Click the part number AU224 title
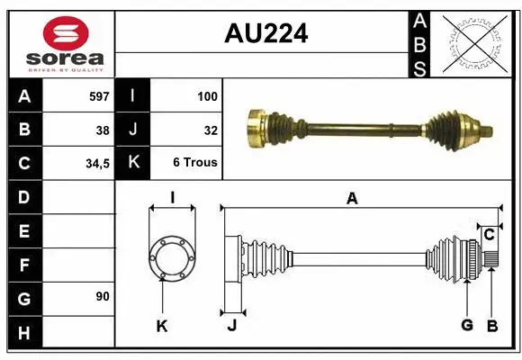point(265,34)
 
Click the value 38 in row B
point(103,130)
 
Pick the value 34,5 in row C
point(96,164)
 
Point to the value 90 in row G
point(103,296)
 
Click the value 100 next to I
point(206,95)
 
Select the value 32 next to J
point(211,130)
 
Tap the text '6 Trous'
point(195,163)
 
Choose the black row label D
point(24,196)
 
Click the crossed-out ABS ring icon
point(476,42)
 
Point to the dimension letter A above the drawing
point(352,199)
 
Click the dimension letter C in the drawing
point(489,235)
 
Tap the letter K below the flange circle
point(162,326)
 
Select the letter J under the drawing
point(231,326)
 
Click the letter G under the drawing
point(466,326)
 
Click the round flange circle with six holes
point(171,256)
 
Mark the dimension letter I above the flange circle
point(171,199)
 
